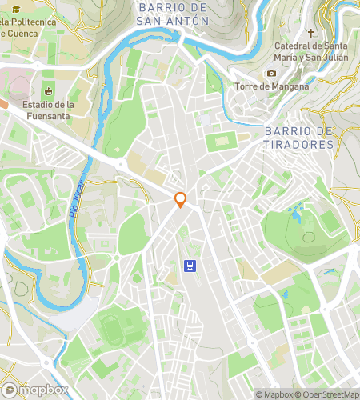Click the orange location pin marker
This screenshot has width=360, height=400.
[x=181, y=200]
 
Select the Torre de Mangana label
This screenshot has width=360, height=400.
[x=272, y=86]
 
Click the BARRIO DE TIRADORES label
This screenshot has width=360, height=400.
[x=298, y=138]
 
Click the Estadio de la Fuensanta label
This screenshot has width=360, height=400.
[x=48, y=110]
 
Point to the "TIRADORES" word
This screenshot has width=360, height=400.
[x=298, y=145]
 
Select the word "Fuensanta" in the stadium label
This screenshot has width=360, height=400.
[x=48, y=116]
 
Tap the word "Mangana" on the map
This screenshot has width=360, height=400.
[x=289, y=86]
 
